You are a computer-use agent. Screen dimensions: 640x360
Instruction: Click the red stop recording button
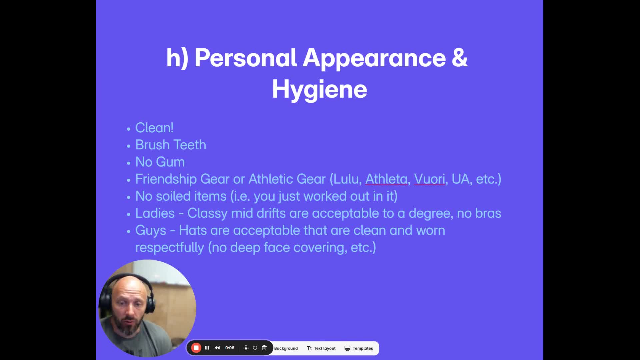[x=196, y=348]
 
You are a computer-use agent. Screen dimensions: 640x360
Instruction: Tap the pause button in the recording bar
[x=207, y=348]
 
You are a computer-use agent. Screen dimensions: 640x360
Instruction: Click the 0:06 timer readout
[x=230, y=348]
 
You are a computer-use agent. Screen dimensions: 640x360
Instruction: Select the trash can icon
[x=264, y=348]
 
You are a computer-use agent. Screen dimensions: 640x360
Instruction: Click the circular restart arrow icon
[x=255, y=348]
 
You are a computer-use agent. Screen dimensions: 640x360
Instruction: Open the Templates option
[x=359, y=348]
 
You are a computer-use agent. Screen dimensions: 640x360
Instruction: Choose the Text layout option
[x=321, y=348]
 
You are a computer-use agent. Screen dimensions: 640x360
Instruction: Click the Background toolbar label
[x=286, y=348]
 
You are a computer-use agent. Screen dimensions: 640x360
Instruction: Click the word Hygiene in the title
[x=319, y=89]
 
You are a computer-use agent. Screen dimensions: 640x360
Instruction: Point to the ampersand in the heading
[x=460, y=58]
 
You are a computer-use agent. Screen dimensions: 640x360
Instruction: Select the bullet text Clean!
[x=154, y=128]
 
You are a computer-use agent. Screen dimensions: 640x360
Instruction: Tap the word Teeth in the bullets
[x=190, y=145]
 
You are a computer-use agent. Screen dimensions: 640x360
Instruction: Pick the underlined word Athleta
[x=386, y=179]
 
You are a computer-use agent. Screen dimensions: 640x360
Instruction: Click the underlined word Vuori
[x=430, y=179]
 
